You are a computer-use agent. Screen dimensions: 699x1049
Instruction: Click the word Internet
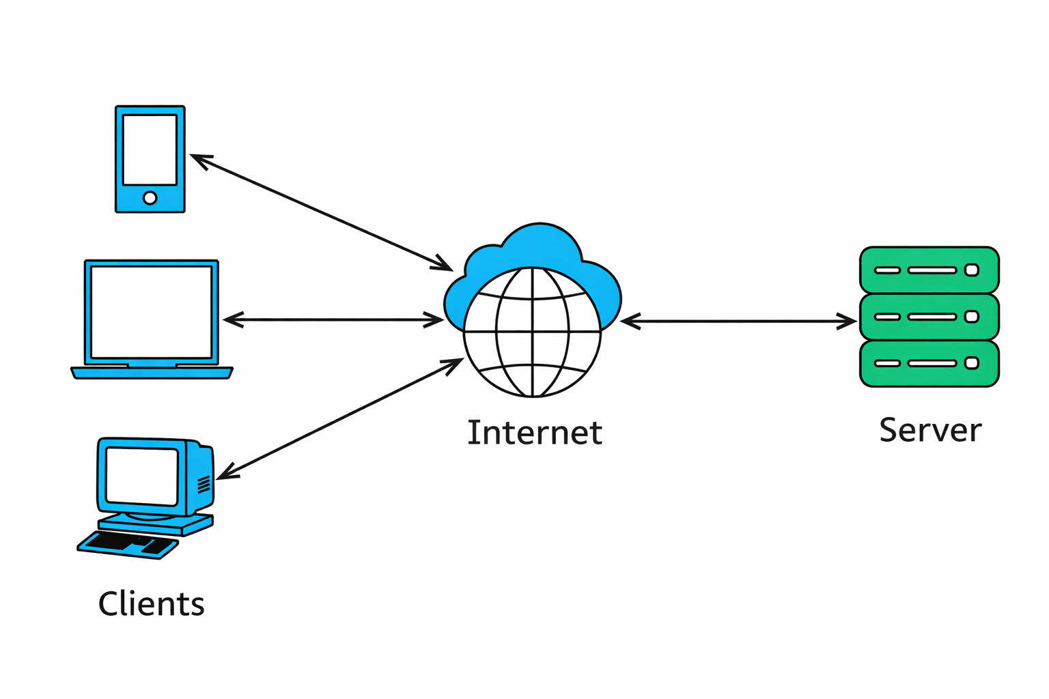(x=534, y=433)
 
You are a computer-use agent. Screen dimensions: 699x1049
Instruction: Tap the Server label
(x=929, y=430)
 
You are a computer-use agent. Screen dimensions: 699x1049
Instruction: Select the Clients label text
(x=151, y=604)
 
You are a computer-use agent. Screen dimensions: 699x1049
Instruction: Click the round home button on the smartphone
(x=150, y=198)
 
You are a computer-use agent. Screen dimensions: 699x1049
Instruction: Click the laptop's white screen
(x=151, y=312)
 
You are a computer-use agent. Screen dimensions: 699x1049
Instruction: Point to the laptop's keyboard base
(x=152, y=373)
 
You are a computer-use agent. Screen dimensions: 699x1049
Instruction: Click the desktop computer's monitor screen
(x=142, y=476)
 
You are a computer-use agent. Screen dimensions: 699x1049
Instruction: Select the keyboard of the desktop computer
(x=128, y=545)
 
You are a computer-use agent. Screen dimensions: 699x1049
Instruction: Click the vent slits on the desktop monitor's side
(x=204, y=485)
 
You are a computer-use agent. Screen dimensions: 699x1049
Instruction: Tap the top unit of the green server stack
(x=929, y=270)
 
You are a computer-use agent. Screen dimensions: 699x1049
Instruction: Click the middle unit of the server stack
(x=929, y=317)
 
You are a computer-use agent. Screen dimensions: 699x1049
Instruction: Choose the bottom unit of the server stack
(x=929, y=363)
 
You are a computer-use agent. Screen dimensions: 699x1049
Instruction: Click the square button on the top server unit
(x=971, y=270)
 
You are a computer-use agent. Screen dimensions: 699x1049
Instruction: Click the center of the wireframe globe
(x=532, y=332)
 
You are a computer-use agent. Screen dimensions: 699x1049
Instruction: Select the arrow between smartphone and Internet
(x=321, y=212)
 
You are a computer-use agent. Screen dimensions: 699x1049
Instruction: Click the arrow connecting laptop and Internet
(x=333, y=319)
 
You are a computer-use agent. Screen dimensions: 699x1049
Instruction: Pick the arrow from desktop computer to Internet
(x=339, y=418)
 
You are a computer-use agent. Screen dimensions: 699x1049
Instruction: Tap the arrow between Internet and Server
(x=738, y=321)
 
